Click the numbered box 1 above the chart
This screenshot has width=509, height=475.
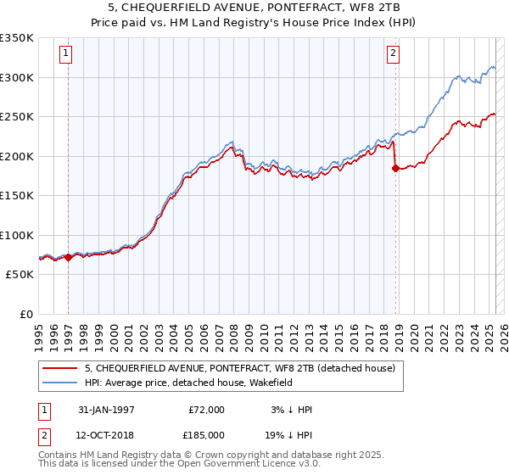[65, 53]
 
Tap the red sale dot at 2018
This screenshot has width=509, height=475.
[395, 169]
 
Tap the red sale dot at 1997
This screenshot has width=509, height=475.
[69, 257]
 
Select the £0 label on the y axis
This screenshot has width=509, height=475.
[26, 314]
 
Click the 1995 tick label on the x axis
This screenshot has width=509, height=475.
[39, 330]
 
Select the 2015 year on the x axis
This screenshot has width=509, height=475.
[338, 330]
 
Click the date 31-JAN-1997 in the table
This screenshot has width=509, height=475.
[106, 410]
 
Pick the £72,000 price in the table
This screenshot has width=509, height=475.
[206, 410]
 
